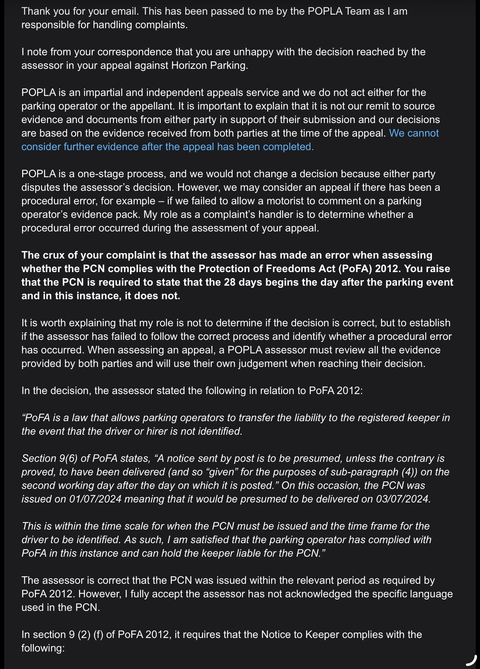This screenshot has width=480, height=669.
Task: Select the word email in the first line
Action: [x=124, y=11]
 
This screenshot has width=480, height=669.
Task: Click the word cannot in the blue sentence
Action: [x=423, y=133]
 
